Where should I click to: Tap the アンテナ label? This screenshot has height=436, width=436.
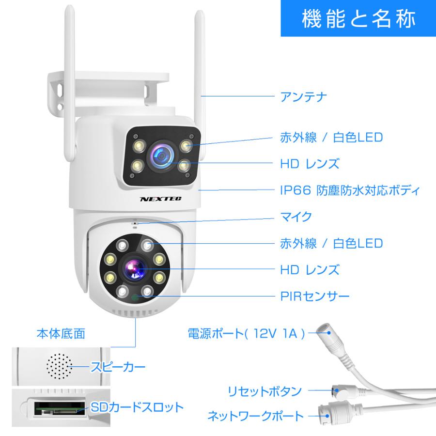click(x=304, y=96)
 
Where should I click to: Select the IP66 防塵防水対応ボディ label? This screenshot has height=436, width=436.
click(x=349, y=190)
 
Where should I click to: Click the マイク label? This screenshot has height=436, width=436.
click(x=296, y=217)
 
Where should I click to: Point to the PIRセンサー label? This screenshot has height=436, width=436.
click(x=315, y=296)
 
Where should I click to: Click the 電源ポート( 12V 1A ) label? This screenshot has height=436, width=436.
click(x=247, y=333)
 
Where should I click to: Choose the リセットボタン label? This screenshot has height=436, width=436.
click(x=265, y=391)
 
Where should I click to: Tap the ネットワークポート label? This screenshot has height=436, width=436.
click(x=255, y=416)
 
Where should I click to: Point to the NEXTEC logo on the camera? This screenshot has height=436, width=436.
click(x=157, y=199)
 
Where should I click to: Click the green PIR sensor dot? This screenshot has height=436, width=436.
click(x=134, y=298)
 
